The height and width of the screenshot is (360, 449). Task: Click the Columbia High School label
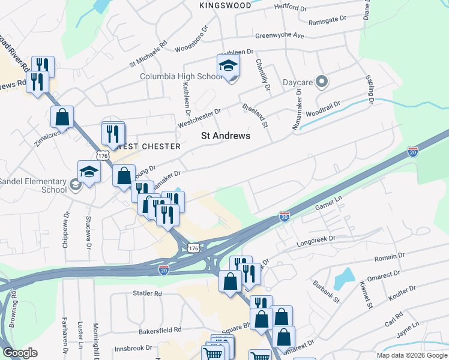coord(181,77)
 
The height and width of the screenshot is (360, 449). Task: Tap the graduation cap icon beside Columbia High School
coord(228,66)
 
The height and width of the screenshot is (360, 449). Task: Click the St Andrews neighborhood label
coord(225,136)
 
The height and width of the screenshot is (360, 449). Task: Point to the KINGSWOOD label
coord(225,5)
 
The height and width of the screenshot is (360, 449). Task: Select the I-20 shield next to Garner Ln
coord(285,216)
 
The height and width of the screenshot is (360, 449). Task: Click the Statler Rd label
coord(147,294)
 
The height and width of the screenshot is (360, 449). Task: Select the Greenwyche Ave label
coord(279,35)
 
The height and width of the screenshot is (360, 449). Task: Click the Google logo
coord(20,352)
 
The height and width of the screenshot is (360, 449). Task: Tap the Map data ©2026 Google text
coord(411,355)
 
